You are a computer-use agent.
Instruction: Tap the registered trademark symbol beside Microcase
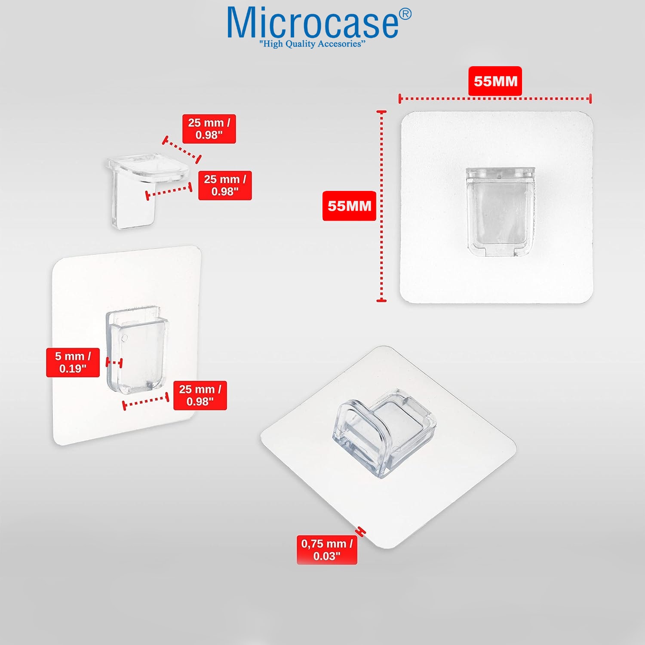(x=405, y=15)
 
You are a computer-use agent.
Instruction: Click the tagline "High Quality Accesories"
(x=312, y=44)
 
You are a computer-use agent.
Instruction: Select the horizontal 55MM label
(x=495, y=81)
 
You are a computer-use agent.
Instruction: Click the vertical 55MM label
(x=349, y=206)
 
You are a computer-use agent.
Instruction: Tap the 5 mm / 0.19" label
(x=73, y=362)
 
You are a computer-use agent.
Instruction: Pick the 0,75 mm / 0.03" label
(x=327, y=550)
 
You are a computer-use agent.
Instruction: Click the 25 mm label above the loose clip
(x=209, y=129)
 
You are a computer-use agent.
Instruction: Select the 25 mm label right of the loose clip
(x=225, y=185)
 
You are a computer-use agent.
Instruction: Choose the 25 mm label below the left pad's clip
(x=200, y=395)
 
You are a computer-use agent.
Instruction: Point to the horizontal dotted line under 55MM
(x=495, y=98)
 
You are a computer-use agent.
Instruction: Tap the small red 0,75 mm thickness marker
(x=361, y=531)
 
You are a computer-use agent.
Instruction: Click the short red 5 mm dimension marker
(x=114, y=362)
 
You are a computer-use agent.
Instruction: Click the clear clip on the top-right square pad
(x=501, y=212)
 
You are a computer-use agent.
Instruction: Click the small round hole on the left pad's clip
(x=125, y=338)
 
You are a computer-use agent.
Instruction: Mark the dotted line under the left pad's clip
(x=146, y=401)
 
